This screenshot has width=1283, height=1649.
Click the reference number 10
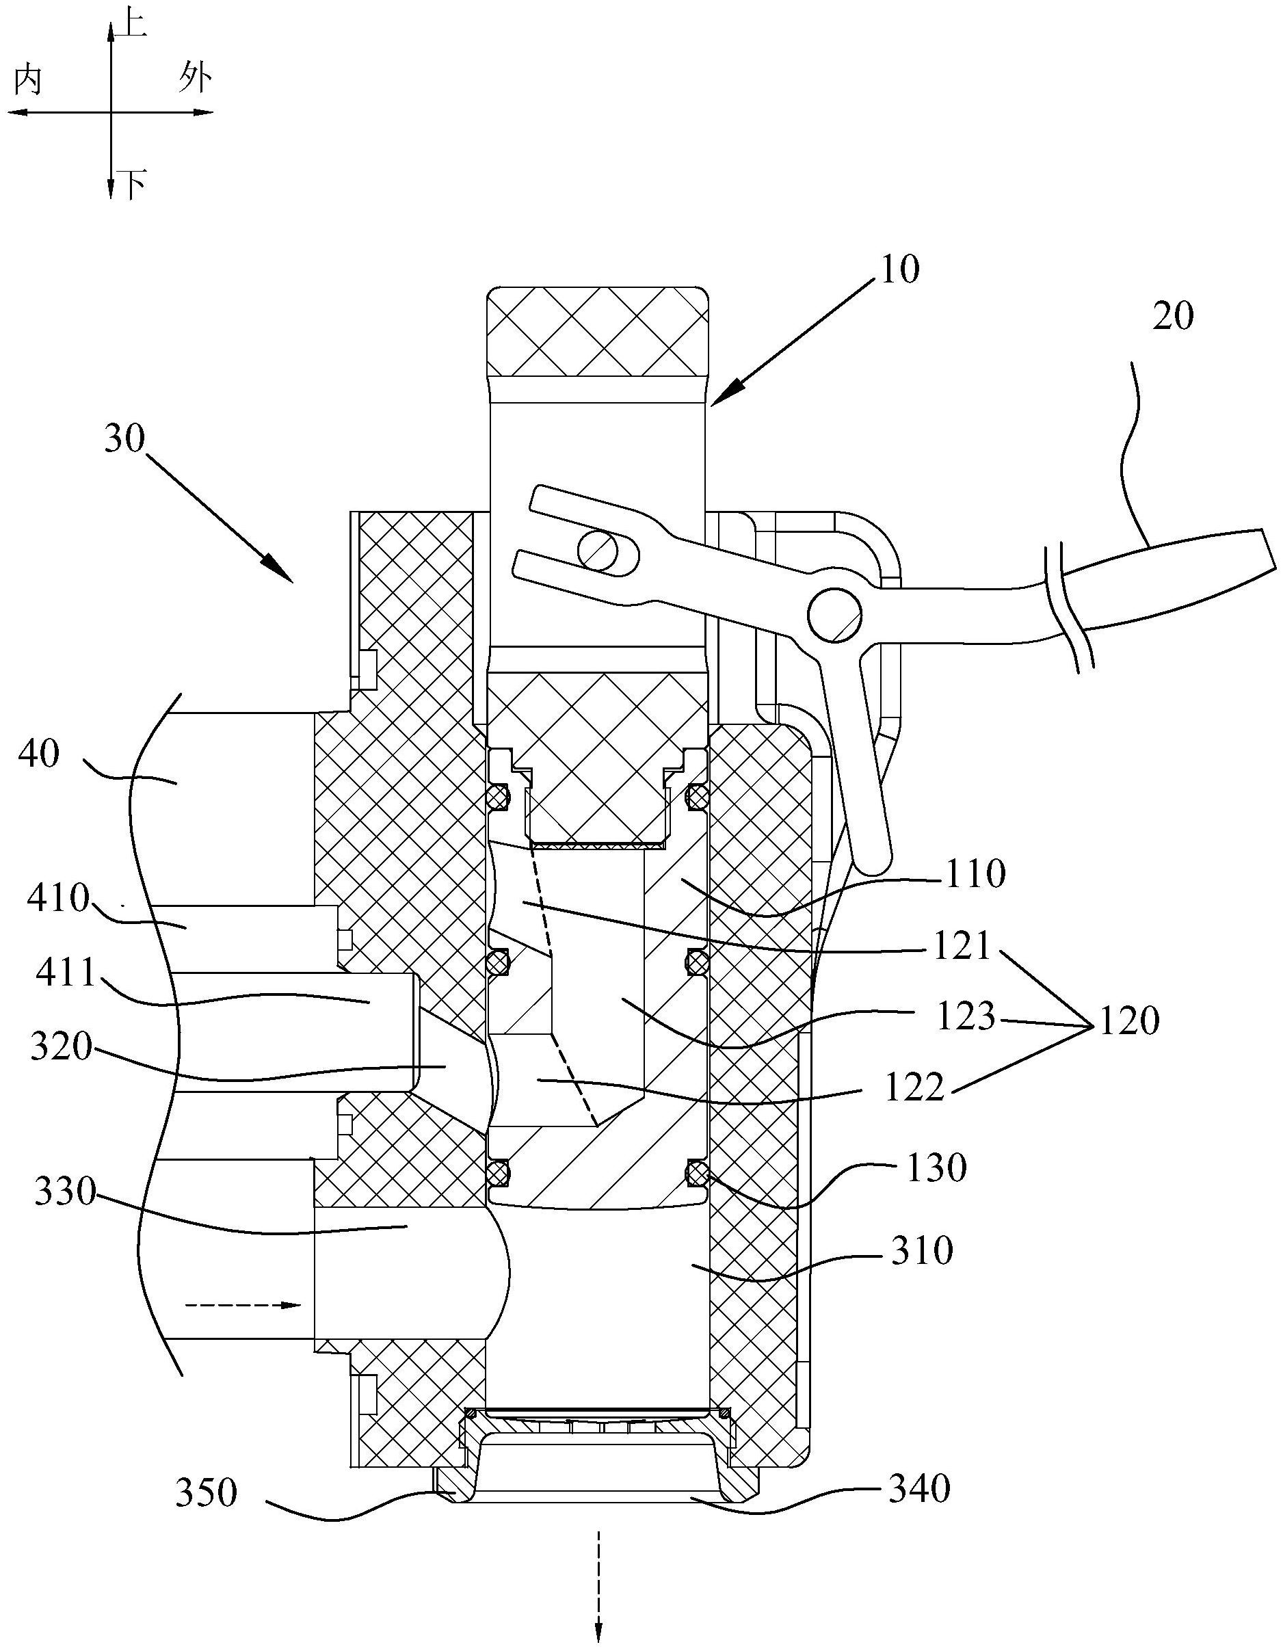899,269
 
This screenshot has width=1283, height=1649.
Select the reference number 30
124,438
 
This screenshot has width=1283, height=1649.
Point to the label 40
38,754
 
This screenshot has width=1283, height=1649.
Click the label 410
58,898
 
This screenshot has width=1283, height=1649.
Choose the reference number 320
61,1047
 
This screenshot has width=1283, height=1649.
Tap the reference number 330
65,1193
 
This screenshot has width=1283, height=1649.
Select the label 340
918,1489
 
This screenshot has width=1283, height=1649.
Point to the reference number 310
922,1250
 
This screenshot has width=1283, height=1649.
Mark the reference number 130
936,1168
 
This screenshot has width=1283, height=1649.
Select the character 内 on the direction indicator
28,79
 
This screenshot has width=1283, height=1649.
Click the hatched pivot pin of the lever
834,614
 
